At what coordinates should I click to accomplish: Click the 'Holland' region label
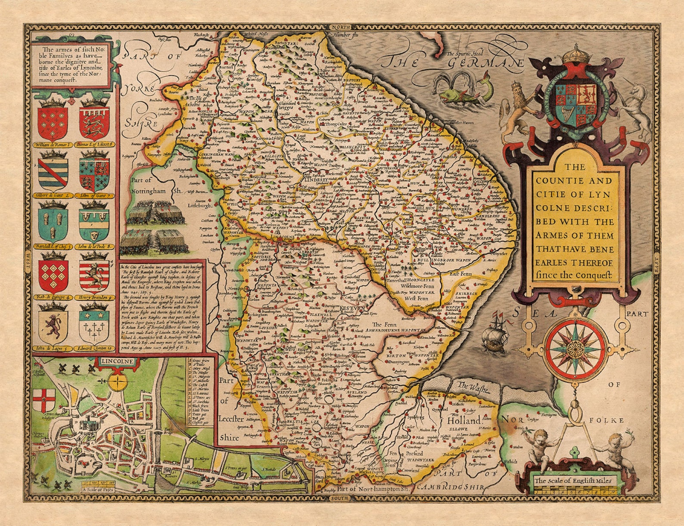point(463,420)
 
